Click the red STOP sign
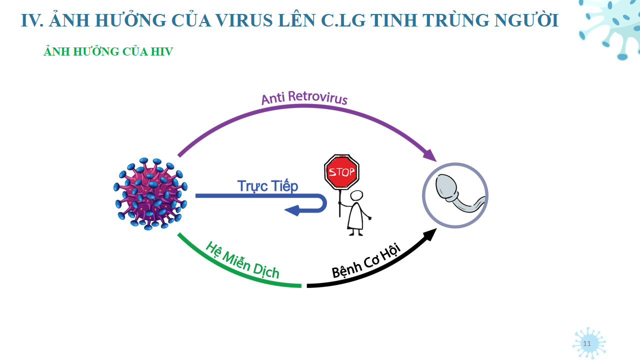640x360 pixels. point(341,171)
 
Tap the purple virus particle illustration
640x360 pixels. point(150,194)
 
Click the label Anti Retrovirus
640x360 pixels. point(304,97)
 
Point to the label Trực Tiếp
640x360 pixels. point(267,186)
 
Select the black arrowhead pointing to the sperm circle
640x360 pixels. point(430,234)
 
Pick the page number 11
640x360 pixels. point(587,343)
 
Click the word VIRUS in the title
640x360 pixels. point(242,20)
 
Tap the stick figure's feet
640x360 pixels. point(355,233)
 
